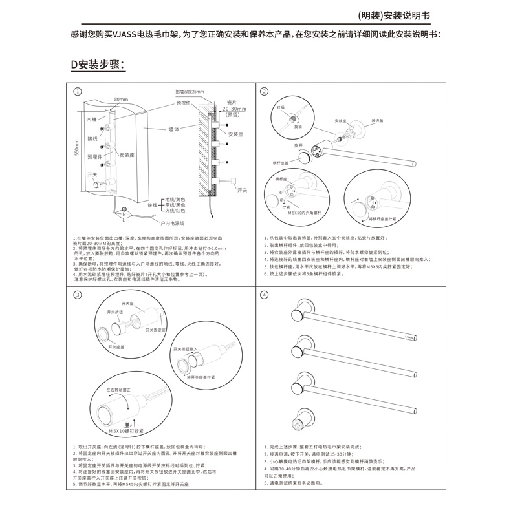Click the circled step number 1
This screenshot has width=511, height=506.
(x=78, y=92)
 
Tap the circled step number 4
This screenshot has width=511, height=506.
(x=264, y=295)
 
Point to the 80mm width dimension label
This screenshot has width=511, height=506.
(x=121, y=99)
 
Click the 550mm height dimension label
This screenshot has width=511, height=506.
(x=76, y=148)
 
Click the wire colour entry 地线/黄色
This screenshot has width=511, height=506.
(x=175, y=199)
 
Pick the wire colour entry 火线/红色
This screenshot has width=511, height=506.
(x=175, y=210)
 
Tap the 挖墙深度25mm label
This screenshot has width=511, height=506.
(x=190, y=92)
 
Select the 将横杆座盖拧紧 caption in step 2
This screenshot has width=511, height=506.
(x=382, y=218)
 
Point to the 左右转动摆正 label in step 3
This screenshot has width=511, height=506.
(x=118, y=390)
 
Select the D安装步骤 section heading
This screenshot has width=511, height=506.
(x=97, y=65)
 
